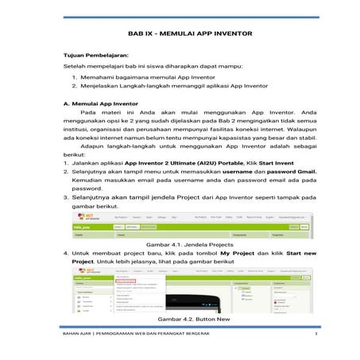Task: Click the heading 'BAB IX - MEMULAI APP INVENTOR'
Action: point(179,34)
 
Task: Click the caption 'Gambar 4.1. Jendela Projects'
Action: point(180,242)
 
